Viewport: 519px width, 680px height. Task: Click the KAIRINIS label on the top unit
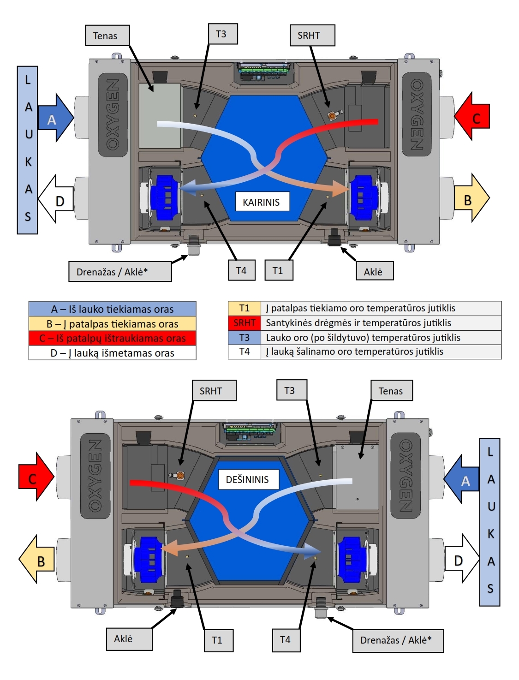click(x=262, y=202)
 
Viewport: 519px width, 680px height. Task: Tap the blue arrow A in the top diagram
click(x=56, y=118)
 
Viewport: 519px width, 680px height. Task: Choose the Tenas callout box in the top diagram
click(x=107, y=36)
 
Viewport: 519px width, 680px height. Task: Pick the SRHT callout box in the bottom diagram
click(x=214, y=390)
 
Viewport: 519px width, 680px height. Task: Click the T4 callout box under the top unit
click(x=242, y=270)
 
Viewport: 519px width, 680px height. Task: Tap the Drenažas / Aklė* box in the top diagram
click(x=120, y=272)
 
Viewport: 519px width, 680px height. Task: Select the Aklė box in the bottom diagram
click(x=129, y=639)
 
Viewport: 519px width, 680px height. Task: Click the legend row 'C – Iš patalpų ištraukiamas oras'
click(x=113, y=338)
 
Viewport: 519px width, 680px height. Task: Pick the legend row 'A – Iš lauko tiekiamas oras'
click(x=113, y=309)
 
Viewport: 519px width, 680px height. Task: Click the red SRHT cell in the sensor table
click(x=245, y=323)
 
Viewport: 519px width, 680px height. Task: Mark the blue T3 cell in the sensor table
click(x=245, y=337)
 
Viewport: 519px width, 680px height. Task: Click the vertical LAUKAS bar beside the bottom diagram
click(x=489, y=522)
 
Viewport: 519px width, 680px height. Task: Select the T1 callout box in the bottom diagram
click(x=219, y=640)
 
